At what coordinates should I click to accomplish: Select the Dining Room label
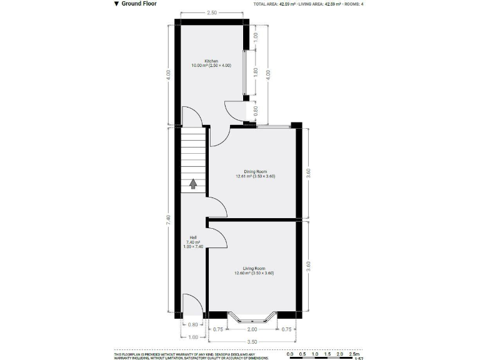255,173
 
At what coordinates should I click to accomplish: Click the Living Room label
254,270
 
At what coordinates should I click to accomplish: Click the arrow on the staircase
193,183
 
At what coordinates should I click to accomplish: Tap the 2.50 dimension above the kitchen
212,13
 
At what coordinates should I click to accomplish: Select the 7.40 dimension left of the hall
167,220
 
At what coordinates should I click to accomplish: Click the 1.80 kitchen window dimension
256,71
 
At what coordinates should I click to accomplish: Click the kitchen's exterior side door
236,111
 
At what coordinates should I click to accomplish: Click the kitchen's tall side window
245,71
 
